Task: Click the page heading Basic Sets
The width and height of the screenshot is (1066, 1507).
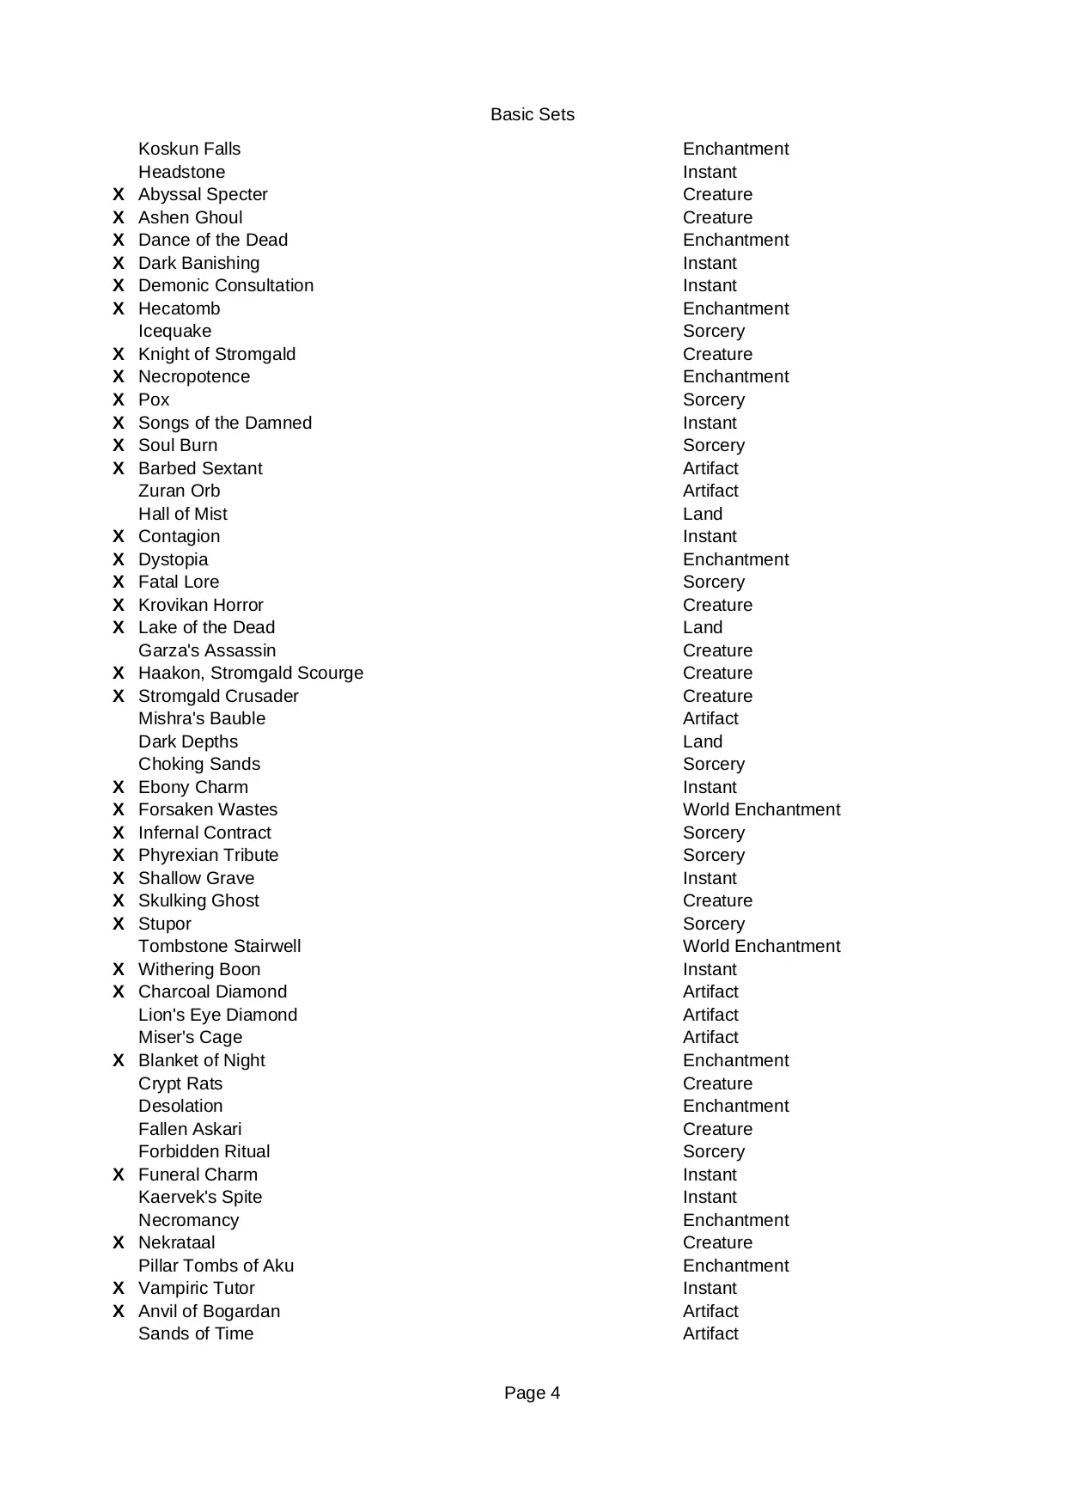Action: (532, 115)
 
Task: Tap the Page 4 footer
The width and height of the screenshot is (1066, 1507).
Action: (532, 1393)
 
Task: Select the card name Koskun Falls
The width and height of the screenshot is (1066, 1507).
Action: (189, 149)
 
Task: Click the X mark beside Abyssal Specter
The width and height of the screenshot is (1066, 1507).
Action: (119, 195)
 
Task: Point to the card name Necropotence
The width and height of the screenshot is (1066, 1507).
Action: (194, 377)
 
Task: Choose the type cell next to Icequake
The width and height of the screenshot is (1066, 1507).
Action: (713, 332)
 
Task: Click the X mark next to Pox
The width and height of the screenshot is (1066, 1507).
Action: (119, 400)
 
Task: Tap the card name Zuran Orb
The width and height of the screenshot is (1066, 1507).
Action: (179, 491)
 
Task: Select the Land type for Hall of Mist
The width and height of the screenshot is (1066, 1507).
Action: (702, 515)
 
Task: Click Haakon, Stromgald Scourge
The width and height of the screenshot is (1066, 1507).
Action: (250, 674)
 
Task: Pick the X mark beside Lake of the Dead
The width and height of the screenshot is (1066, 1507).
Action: (119, 628)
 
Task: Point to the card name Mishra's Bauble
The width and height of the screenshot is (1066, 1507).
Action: (202, 719)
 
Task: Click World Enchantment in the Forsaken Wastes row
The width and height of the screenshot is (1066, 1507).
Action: (761, 810)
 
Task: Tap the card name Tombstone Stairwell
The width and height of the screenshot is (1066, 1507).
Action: (219, 947)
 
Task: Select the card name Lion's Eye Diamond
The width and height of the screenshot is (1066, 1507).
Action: (217, 1016)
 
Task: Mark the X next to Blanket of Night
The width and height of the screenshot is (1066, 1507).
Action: (119, 1061)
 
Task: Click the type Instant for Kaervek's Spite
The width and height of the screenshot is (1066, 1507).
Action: (710, 1198)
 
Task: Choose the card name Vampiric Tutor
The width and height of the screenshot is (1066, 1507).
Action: (196, 1289)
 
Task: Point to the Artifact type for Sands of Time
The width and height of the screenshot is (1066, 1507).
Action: (710, 1334)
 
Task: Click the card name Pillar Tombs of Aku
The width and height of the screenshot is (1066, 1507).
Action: (216, 1266)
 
